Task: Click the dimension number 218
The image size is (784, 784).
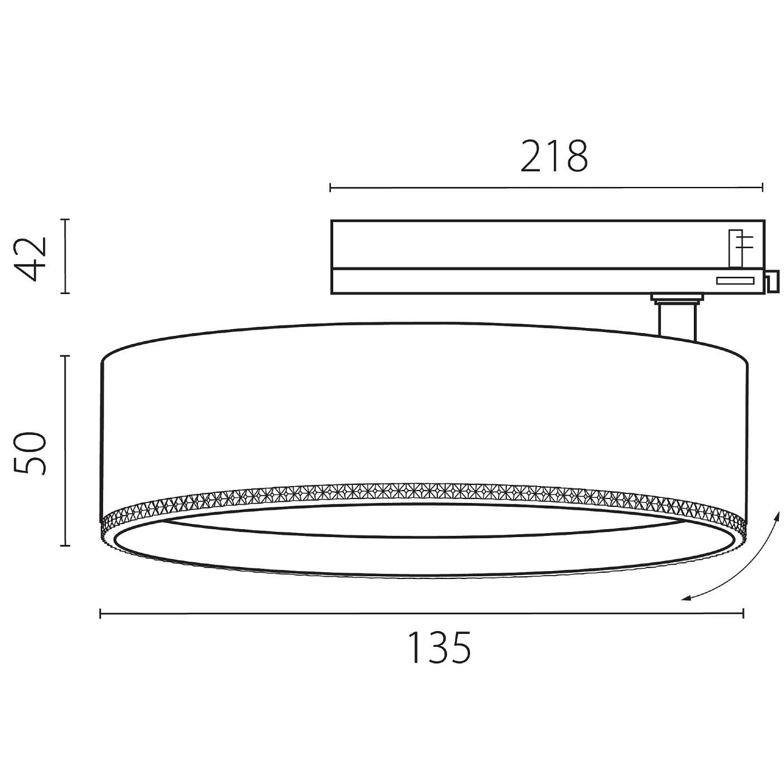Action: [x=554, y=157]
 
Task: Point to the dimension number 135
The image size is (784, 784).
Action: [x=439, y=648]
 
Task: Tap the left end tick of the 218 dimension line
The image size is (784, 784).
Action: [x=330, y=188]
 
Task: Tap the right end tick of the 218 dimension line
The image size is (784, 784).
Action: [x=762, y=188]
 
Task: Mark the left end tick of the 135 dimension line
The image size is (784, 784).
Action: [x=100, y=614]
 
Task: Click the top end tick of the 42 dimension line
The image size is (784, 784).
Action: [x=66, y=220]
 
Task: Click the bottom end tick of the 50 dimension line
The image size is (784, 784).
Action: [x=66, y=545]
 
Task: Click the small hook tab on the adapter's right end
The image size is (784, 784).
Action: [x=772, y=282]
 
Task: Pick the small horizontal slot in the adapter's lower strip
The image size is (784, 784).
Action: [x=735, y=281]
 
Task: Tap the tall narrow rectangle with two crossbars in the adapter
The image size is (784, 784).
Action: [x=735, y=248]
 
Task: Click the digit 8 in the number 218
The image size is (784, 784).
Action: [x=576, y=157]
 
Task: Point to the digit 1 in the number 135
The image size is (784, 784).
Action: [x=414, y=648]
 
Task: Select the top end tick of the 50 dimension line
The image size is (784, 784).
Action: [x=66, y=356]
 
